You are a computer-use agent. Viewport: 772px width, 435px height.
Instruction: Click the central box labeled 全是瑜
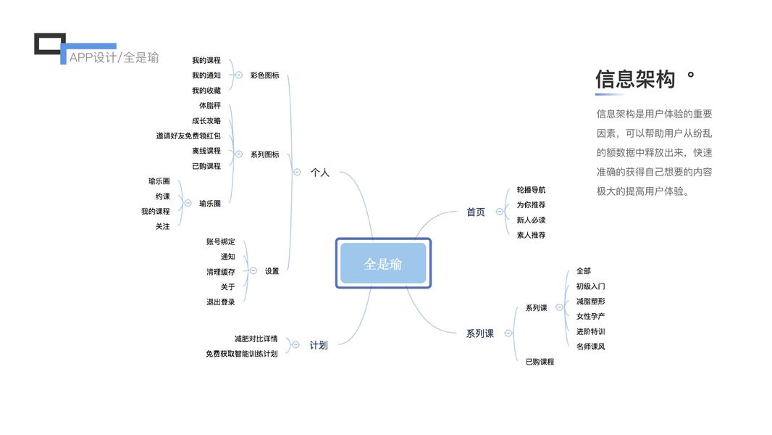pos(383,264)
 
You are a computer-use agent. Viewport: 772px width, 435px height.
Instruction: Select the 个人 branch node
pos(320,173)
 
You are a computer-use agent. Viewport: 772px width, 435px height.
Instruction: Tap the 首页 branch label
pos(476,212)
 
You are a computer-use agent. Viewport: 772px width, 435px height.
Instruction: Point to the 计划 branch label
pos(319,345)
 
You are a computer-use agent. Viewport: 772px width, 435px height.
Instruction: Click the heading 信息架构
pos(635,79)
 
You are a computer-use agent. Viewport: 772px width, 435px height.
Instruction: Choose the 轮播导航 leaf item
pos(531,190)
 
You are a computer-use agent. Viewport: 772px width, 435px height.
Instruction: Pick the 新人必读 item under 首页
pos(531,220)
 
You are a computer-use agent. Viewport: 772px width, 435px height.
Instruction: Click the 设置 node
pos(272,271)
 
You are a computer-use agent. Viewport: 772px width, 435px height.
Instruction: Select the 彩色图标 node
pos(264,75)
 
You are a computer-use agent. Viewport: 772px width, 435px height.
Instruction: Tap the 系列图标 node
pos(264,154)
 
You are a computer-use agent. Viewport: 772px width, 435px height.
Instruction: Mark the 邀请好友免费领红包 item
pos(188,136)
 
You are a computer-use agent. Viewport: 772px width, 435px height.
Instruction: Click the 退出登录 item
pos(220,302)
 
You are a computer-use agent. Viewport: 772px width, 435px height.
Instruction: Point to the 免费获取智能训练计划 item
pos(241,354)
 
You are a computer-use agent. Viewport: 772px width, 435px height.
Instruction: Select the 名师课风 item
pos(590,347)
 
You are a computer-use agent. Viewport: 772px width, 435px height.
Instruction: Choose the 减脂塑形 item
pos(590,301)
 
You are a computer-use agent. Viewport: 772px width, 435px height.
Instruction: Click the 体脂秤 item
pos(210,106)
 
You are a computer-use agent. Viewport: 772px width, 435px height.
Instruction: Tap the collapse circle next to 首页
pos(500,212)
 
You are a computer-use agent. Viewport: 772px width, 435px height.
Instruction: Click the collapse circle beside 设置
pos(253,271)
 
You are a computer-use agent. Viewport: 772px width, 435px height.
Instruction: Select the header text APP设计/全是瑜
pos(114,58)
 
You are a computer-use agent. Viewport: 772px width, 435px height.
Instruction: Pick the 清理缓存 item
pos(220,272)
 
